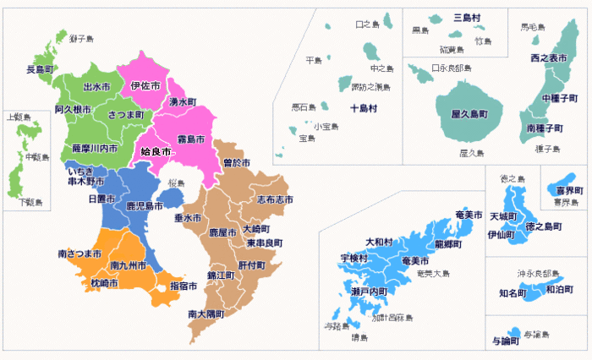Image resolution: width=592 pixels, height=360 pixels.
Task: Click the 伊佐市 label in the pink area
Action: click(x=145, y=86)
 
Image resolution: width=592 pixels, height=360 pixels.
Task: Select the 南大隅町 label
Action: click(x=206, y=314)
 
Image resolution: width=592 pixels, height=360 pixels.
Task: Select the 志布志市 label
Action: click(x=275, y=199)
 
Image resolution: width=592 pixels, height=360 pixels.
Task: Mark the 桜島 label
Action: click(x=176, y=183)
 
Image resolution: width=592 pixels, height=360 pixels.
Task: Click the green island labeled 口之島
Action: click(x=389, y=19)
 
